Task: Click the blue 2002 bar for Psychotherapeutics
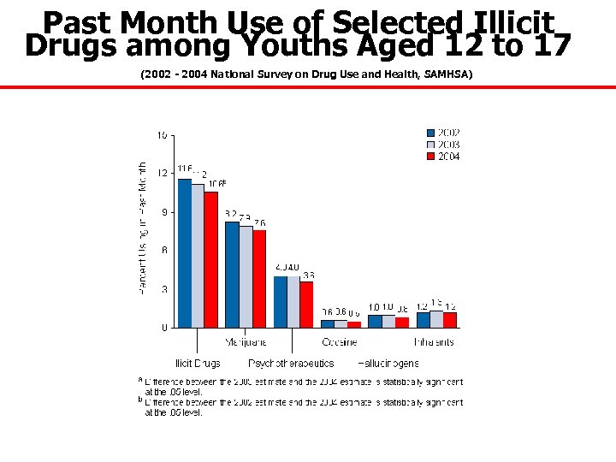pos(280,301)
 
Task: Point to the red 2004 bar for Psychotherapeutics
pos(306,304)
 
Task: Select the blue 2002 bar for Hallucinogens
pos(375,321)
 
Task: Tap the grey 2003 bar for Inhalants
pos(436,319)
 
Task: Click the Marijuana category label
pos(246,342)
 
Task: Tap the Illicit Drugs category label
pos(198,364)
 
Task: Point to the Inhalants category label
pos(435,342)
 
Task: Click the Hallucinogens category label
pos(388,364)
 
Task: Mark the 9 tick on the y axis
pos(163,212)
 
